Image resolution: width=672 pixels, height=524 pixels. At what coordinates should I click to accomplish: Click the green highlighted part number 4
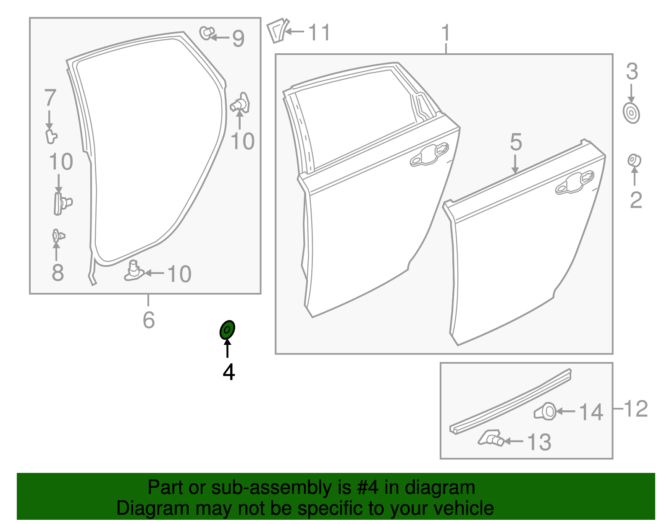[x=227, y=330]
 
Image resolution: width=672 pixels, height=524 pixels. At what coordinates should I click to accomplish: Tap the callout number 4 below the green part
[x=228, y=372]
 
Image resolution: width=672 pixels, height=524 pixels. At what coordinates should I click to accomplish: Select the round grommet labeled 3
[x=631, y=113]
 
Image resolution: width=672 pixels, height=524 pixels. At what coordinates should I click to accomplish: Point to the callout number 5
[x=516, y=142]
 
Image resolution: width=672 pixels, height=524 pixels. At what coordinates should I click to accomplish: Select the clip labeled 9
[x=206, y=33]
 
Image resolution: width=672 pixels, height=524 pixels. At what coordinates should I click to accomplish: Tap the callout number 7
[x=50, y=98]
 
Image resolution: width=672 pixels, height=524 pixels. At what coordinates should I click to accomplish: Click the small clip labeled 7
[x=51, y=136]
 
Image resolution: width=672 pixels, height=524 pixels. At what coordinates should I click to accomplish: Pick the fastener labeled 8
[x=58, y=236]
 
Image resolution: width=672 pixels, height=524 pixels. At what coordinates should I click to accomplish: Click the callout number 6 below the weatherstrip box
[x=149, y=320]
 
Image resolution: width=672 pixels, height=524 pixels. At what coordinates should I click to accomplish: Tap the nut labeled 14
[x=546, y=412]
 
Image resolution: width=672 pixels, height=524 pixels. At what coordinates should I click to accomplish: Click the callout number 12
[x=636, y=409]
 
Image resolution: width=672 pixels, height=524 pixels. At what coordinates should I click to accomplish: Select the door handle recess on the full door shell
[x=429, y=155]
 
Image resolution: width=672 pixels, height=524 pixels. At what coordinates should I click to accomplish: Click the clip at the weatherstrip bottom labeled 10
[x=134, y=271]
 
